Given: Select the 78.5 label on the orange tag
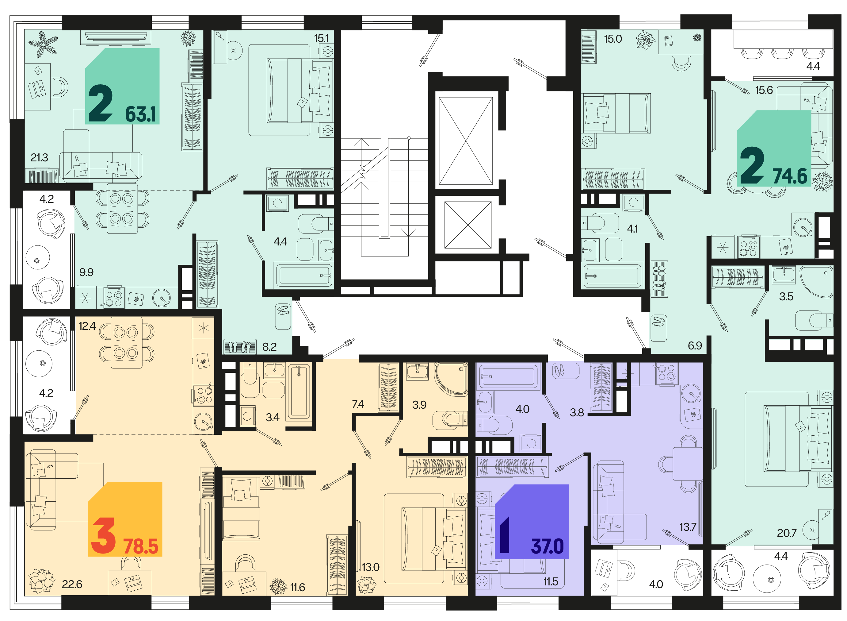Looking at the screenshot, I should (x=140, y=546).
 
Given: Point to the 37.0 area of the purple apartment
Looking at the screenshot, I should (x=547, y=546).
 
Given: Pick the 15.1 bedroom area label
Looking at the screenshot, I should (x=321, y=38).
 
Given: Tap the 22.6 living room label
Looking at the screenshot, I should (x=72, y=584).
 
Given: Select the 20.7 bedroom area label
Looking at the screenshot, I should (x=786, y=533).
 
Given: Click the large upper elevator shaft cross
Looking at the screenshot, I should (x=465, y=141).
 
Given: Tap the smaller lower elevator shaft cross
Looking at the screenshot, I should (x=467, y=225).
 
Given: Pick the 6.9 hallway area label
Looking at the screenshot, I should (x=695, y=345).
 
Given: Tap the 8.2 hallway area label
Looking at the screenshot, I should (x=269, y=347).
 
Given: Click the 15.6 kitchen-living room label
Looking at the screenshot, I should (x=764, y=90).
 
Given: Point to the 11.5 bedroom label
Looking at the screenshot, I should (x=550, y=581).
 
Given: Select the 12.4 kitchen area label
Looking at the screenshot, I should (x=87, y=326).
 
